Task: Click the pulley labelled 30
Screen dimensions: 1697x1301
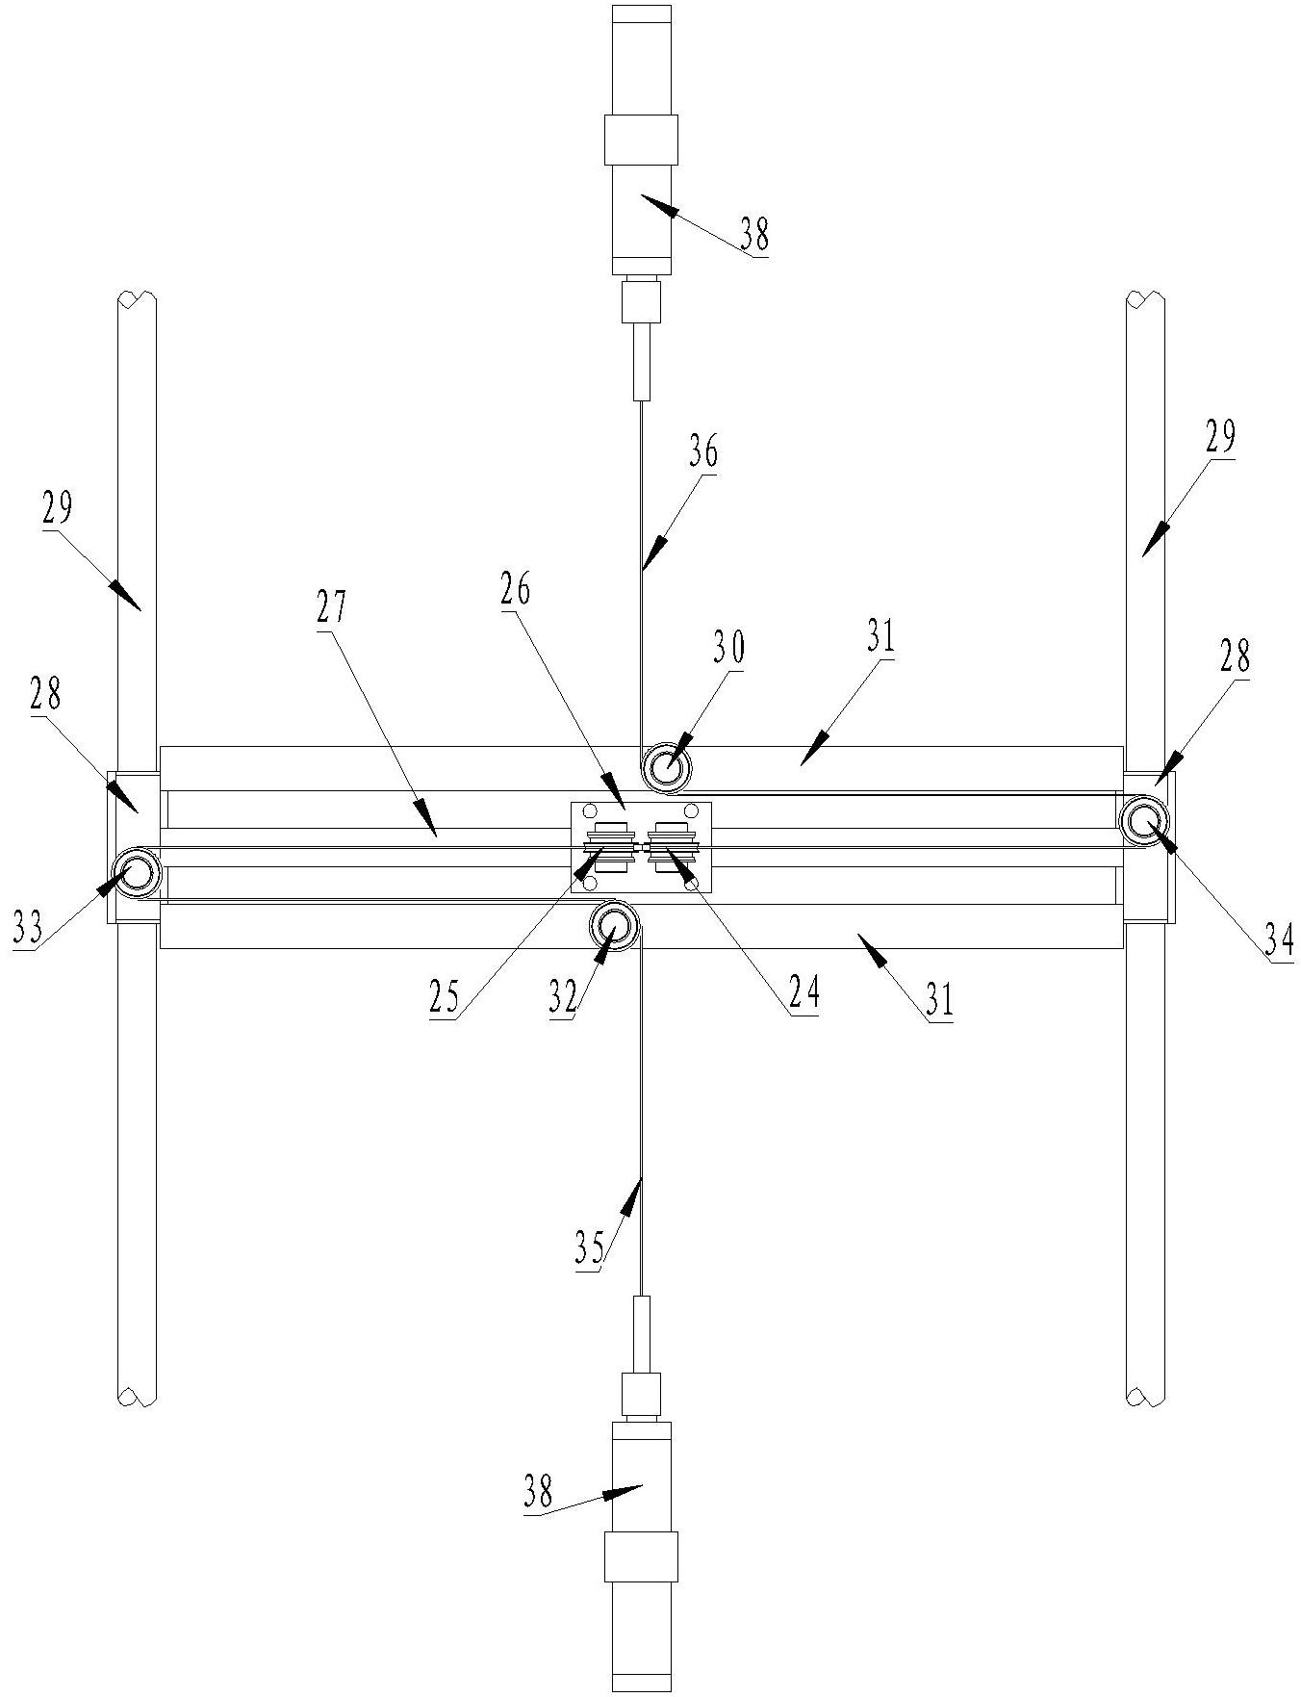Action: click(666, 768)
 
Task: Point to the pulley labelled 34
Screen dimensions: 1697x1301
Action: click(1145, 821)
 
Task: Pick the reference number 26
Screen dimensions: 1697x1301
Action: click(516, 590)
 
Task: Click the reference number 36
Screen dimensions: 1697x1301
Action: click(704, 451)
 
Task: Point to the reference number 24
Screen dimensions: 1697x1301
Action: click(804, 992)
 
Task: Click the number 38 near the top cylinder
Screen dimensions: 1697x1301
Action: click(755, 235)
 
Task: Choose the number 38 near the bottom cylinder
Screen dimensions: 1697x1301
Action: click(539, 1493)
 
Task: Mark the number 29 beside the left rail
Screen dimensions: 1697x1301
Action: click(57, 508)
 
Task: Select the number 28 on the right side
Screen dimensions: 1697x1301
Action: click(1236, 657)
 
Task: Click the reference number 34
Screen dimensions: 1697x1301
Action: click(1278, 938)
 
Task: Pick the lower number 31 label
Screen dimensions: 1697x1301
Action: click(938, 1001)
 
